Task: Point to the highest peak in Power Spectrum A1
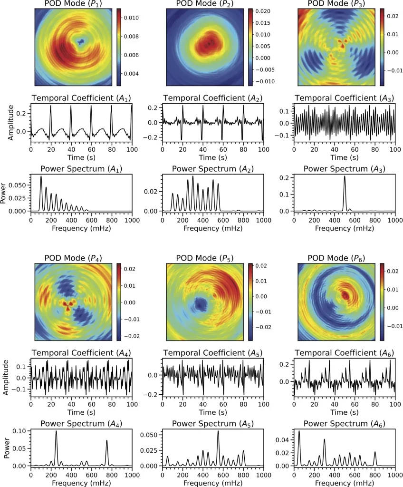41,177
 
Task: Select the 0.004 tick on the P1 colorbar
131,74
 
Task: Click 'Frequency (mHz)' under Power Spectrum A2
212,229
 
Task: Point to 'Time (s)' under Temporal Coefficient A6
344,412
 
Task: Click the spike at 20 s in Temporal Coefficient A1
51,107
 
